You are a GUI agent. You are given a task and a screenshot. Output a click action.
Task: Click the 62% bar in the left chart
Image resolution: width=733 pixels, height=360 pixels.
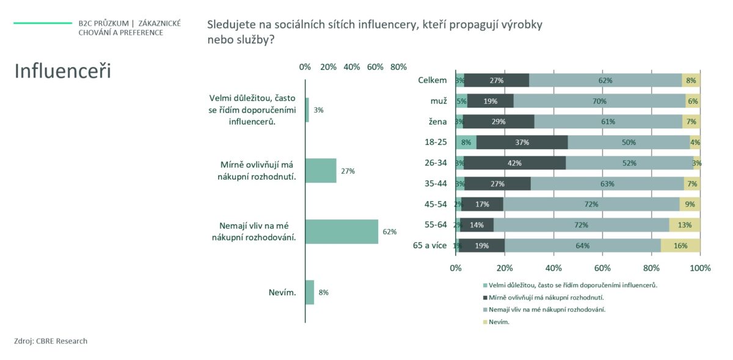341,232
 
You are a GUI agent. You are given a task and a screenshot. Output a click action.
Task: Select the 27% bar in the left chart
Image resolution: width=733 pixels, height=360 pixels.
321,171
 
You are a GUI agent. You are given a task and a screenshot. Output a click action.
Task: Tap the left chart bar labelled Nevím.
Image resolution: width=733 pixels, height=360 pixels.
310,292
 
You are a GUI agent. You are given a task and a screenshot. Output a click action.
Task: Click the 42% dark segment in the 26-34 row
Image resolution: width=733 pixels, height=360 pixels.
514,163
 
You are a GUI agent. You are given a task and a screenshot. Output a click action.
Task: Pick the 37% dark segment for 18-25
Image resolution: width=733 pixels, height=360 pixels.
522,142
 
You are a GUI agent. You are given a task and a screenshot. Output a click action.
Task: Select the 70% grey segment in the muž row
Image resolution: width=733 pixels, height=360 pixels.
599,101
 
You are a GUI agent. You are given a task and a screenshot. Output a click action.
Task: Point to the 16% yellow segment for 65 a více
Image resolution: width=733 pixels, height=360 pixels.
680,246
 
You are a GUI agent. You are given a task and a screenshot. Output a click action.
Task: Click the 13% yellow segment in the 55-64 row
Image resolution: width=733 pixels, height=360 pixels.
684,225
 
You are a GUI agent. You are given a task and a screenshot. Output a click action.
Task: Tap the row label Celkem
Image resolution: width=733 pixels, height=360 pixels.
432,80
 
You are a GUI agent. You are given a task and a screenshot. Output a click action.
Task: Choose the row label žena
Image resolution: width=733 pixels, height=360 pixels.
437,122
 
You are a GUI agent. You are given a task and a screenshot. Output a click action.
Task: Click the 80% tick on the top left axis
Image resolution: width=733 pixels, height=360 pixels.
398,67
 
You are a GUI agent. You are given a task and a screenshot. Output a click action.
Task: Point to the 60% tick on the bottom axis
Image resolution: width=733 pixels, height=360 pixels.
602,268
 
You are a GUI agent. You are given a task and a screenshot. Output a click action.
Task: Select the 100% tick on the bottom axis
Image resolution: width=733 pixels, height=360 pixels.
700,268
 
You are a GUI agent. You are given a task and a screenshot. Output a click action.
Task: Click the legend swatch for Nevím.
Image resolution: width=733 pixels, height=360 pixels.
485,321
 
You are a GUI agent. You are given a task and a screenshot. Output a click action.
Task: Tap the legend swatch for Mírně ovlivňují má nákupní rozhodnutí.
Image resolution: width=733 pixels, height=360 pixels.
485,297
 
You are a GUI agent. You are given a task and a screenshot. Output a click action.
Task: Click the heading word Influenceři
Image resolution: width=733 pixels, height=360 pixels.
62,71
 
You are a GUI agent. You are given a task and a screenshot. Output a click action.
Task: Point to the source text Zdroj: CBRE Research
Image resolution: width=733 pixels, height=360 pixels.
51,341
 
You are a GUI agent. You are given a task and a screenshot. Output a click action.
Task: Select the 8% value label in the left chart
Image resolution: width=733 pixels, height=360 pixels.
324,292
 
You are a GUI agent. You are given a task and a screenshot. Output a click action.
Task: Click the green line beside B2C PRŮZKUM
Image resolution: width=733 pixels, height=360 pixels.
43,23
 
